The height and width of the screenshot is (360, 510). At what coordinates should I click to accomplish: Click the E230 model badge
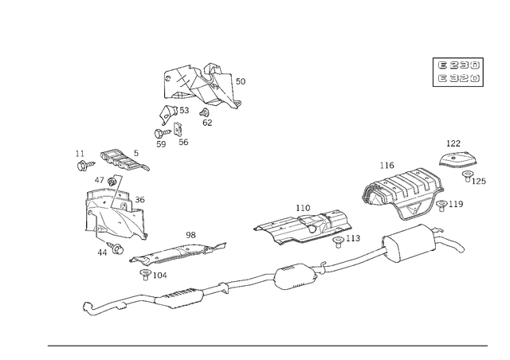458,65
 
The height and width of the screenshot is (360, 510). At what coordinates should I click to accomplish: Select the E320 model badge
458,78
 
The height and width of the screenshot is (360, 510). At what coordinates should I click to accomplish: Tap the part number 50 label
241,81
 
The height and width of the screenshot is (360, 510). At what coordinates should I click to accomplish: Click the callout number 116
387,166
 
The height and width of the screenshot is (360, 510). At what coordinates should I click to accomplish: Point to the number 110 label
303,208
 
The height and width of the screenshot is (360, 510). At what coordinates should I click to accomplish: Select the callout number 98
191,235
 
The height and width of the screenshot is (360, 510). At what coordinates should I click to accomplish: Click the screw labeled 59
163,133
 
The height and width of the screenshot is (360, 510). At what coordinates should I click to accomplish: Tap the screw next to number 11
86,165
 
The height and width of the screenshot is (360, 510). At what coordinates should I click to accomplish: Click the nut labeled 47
112,181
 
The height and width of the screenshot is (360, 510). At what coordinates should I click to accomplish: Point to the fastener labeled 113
338,242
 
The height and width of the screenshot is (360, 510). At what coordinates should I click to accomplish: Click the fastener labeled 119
441,205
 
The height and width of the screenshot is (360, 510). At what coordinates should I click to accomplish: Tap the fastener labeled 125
468,176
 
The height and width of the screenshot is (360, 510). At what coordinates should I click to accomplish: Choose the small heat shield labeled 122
458,160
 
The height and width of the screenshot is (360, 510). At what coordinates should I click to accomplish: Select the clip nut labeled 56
178,130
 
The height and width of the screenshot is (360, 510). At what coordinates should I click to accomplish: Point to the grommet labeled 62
204,113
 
